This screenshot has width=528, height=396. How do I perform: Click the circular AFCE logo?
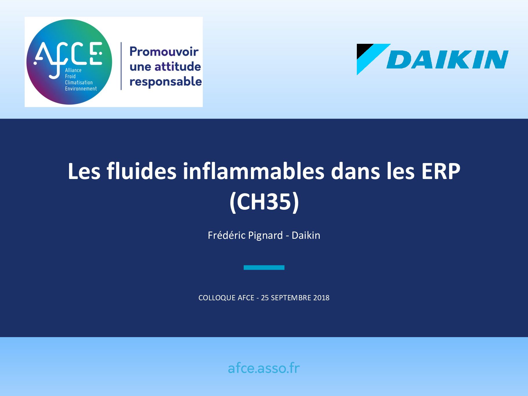click(x=69, y=62)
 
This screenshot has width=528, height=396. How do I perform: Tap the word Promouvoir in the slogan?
click(x=164, y=51)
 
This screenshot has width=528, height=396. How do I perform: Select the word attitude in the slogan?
click(x=178, y=66)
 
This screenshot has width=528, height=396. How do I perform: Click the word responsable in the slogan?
click(x=166, y=82)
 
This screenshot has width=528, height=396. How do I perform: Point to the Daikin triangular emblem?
click(x=373, y=59)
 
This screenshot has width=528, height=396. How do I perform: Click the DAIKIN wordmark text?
click(x=447, y=59)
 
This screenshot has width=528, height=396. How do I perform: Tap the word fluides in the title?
click(x=142, y=171)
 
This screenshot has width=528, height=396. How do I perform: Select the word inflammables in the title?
click(x=254, y=171)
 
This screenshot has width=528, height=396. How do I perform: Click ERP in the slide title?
click(x=441, y=171)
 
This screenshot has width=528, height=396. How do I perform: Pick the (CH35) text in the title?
click(x=264, y=202)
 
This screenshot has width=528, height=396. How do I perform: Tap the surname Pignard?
click(x=265, y=235)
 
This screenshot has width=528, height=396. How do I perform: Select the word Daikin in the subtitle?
click(x=306, y=235)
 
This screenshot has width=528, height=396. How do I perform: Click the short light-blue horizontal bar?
click(x=264, y=267)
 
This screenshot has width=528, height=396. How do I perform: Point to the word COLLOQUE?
click(x=217, y=298)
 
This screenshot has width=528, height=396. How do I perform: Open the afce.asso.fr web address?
click(x=264, y=368)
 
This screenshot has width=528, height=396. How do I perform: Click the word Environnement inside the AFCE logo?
click(x=81, y=88)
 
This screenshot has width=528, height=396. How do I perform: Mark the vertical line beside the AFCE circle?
click(x=121, y=66)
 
